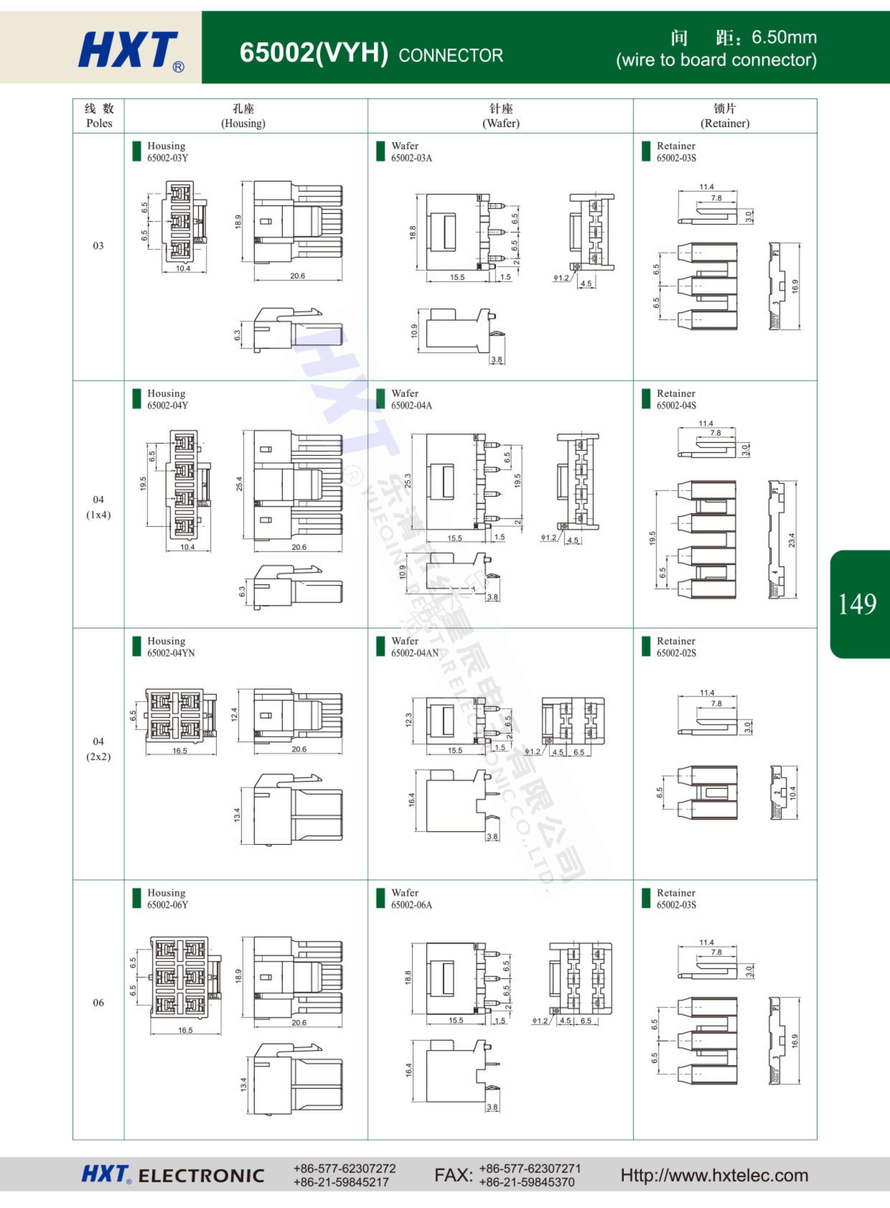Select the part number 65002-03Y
[167, 158]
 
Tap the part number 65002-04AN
[415, 653]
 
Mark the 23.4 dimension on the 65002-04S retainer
[791, 540]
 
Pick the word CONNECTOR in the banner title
[451, 56]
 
